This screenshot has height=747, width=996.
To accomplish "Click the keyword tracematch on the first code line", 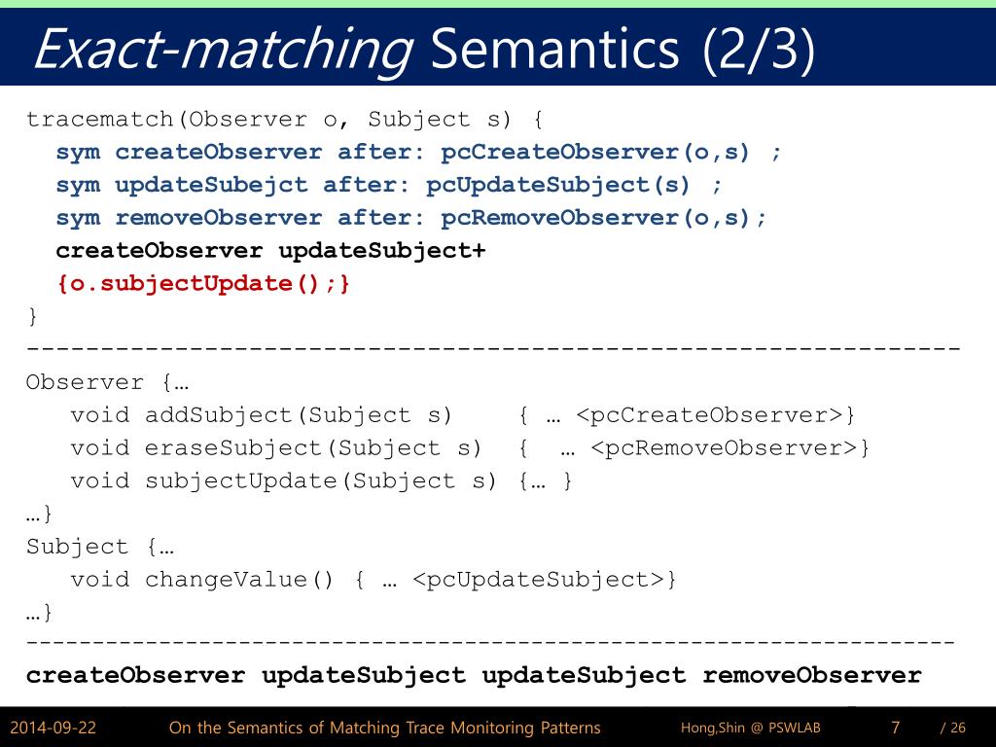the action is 100,120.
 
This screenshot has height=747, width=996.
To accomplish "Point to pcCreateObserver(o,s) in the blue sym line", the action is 595,152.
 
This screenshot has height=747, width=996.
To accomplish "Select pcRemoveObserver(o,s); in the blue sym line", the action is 603,218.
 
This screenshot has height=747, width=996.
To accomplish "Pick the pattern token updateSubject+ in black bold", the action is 381,251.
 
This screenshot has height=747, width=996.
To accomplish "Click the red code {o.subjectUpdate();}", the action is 202,284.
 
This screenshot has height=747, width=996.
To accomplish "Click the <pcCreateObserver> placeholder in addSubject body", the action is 709,415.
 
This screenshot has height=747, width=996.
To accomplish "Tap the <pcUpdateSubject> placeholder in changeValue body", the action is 537,580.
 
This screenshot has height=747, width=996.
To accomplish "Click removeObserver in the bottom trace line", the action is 811,675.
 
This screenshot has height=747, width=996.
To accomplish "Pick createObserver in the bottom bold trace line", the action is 135,675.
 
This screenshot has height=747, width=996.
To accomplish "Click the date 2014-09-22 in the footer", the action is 53,728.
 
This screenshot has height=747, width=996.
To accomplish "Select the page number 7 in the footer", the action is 895,728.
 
